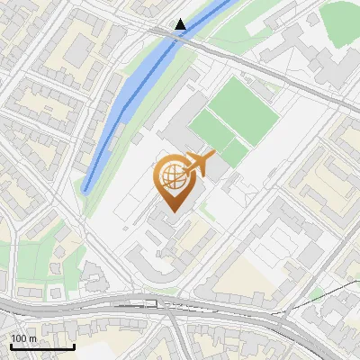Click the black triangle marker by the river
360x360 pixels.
181,24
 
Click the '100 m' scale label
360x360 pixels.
23,338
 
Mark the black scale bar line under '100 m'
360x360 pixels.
41,346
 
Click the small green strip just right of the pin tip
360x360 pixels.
207,214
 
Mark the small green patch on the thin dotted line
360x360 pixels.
316,293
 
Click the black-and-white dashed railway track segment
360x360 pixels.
144,304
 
